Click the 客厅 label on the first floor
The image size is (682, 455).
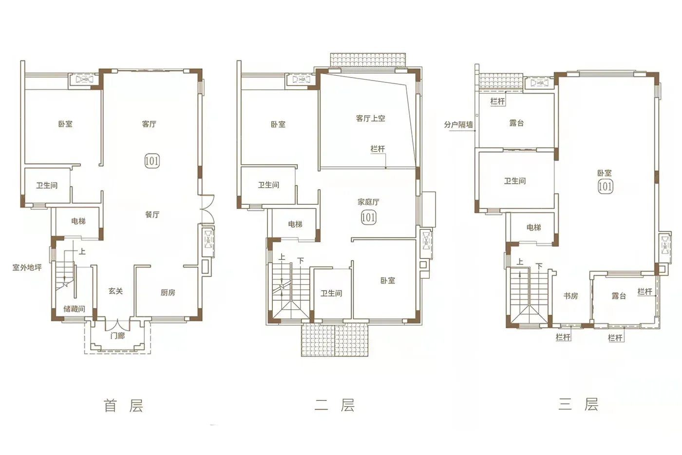(x=149, y=124)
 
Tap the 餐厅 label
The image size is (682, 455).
(x=152, y=215)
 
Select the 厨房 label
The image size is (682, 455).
(x=168, y=293)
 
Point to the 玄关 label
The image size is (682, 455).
(x=116, y=291)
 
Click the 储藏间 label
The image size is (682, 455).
(x=74, y=309)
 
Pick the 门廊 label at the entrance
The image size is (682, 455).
(x=117, y=336)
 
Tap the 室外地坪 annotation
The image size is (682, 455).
(x=27, y=268)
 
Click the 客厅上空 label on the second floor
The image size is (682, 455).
(x=371, y=118)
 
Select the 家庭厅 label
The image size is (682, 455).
(x=368, y=202)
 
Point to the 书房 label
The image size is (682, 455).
(x=570, y=296)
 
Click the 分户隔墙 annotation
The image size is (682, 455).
(x=458, y=124)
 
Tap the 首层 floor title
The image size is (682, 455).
(x=123, y=406)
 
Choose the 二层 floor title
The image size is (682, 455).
(x=335, y=406)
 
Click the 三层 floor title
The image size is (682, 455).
(x=579, y=405)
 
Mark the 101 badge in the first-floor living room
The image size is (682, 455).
(x=152, y=160)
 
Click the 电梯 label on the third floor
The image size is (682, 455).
(x=534, y=227)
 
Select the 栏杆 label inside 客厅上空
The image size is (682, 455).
(x=378, y=149)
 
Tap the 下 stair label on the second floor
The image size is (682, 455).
(x=301, y=261)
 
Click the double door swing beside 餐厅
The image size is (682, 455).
(x=208, y=210)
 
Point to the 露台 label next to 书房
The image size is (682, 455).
(x=619, y=296)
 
